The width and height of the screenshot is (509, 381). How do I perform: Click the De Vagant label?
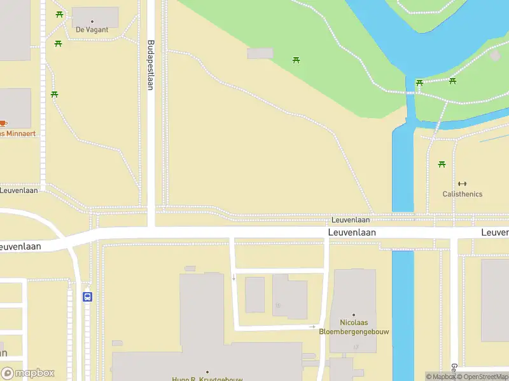click(92, 30)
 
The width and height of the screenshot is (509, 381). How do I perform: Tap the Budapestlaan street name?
click(151, 66)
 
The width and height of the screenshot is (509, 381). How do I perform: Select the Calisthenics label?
click(463, 194)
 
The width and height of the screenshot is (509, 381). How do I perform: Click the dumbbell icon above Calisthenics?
click(463, 184)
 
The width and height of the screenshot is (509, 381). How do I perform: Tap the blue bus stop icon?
click(88, 297)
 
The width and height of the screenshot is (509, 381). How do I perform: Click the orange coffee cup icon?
click(3, 123)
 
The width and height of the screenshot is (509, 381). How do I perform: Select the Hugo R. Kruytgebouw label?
click(207, 378)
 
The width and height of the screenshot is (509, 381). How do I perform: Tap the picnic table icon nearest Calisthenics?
click(442, 164)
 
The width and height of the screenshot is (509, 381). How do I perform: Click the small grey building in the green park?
click(260, 54)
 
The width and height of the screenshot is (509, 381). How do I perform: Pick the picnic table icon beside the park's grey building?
click(296, 60)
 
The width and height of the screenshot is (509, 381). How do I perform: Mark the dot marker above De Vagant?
click(92, 22)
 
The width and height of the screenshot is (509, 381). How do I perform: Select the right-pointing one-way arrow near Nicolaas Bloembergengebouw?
click(312, 326)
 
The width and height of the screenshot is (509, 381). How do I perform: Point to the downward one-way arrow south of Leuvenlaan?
click(234, 277)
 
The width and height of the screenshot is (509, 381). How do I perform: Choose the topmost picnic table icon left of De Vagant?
click(59, 14)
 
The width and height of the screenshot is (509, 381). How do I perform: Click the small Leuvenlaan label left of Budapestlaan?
click(19, 190)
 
